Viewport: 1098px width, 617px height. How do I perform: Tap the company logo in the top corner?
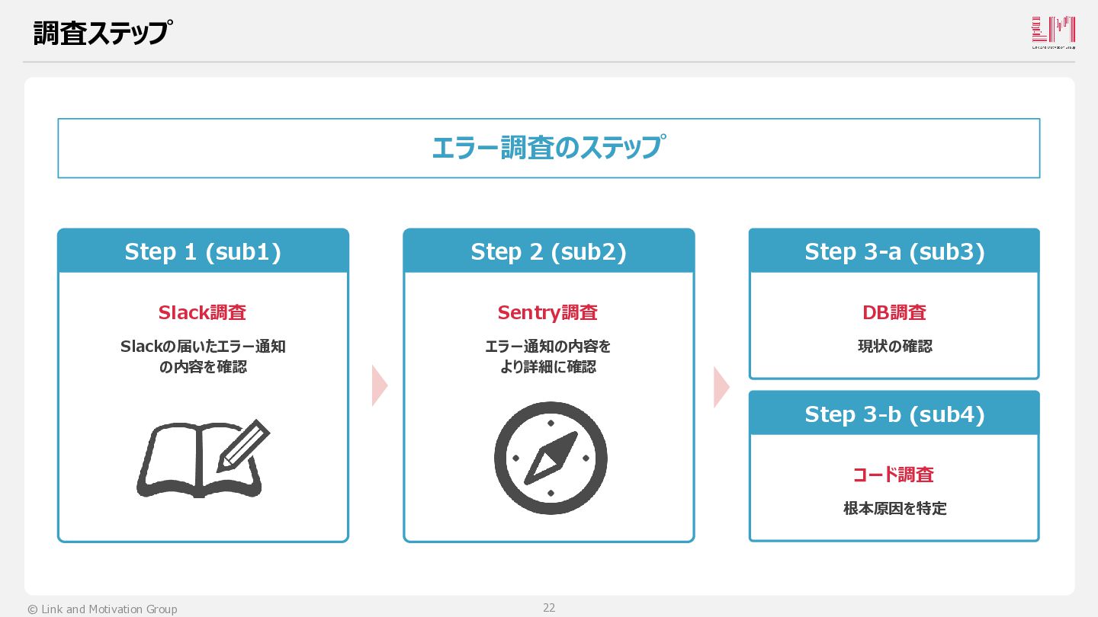pos(1053,33)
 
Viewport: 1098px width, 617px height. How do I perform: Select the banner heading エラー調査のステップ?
pos(548,148)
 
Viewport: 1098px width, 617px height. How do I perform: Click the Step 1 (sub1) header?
pos(203,251)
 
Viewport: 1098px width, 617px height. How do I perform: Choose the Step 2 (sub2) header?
pos(548,251)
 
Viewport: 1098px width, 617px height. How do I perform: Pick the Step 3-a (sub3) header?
pos(894,251)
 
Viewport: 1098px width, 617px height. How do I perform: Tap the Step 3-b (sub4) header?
pos(894,414)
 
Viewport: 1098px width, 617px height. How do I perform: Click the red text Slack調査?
pos(202,312)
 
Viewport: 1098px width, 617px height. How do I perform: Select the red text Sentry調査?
pos(547,312)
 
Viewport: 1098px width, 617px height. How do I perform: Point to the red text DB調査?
pos(894,312)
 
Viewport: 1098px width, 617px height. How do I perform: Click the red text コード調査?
pos(893,475)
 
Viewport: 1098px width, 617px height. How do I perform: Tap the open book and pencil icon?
pos(203,459)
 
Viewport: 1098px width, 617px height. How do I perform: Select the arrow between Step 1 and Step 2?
pos(379,385)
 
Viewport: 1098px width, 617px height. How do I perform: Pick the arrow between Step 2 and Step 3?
pos(721,386)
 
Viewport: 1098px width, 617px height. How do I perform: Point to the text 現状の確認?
pos(894,346)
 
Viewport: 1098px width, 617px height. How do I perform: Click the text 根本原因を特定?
pos(894,508)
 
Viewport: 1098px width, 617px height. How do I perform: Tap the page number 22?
pos(549,607)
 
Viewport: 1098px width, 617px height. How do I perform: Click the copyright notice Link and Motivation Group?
pos(102,609)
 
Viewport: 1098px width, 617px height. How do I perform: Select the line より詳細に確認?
pos(547,367)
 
